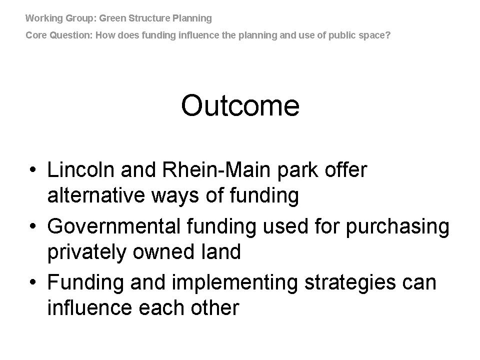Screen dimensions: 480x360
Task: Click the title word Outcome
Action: [240, 105]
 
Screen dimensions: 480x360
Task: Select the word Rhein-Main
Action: [216, 169]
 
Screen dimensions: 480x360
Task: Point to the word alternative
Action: [96, 195]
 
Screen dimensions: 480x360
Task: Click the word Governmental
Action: [114, 226]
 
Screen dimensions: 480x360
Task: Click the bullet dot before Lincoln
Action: [33, 170]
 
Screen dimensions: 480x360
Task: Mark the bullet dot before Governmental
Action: [33, 226]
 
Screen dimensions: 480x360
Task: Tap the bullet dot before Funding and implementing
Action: [33, 282]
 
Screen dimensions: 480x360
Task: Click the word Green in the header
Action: [112, 18]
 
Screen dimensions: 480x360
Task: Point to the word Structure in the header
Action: [149, 18]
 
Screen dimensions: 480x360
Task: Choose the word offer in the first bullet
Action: [346, 169]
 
